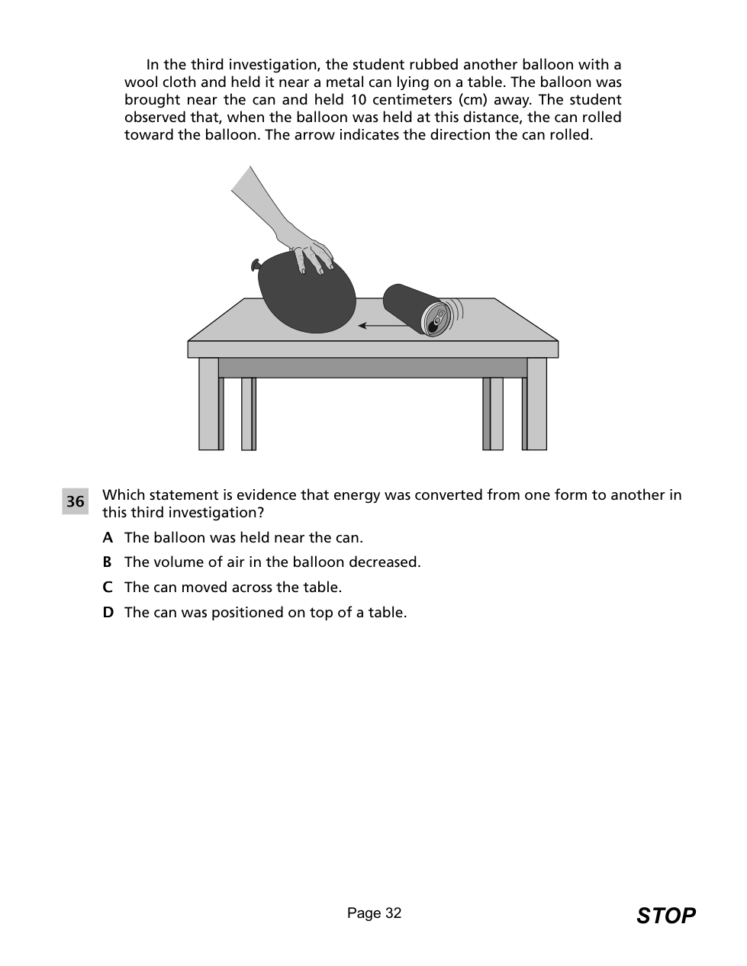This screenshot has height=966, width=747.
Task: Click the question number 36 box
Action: (x=75, y=501)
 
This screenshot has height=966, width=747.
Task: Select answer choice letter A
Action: (x=108, y=538)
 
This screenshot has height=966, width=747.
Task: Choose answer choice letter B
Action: (x=107, y=562)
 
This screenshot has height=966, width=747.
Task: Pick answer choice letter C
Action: (x=108, y=588)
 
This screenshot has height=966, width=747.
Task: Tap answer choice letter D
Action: (x=108, y=613)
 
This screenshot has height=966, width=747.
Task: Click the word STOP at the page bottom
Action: (x=665, y=916)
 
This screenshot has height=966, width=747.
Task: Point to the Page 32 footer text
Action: (x=374, y=913)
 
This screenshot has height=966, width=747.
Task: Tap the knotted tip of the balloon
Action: (x=256, y=266)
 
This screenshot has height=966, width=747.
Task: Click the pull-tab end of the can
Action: (x=437, y=319)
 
